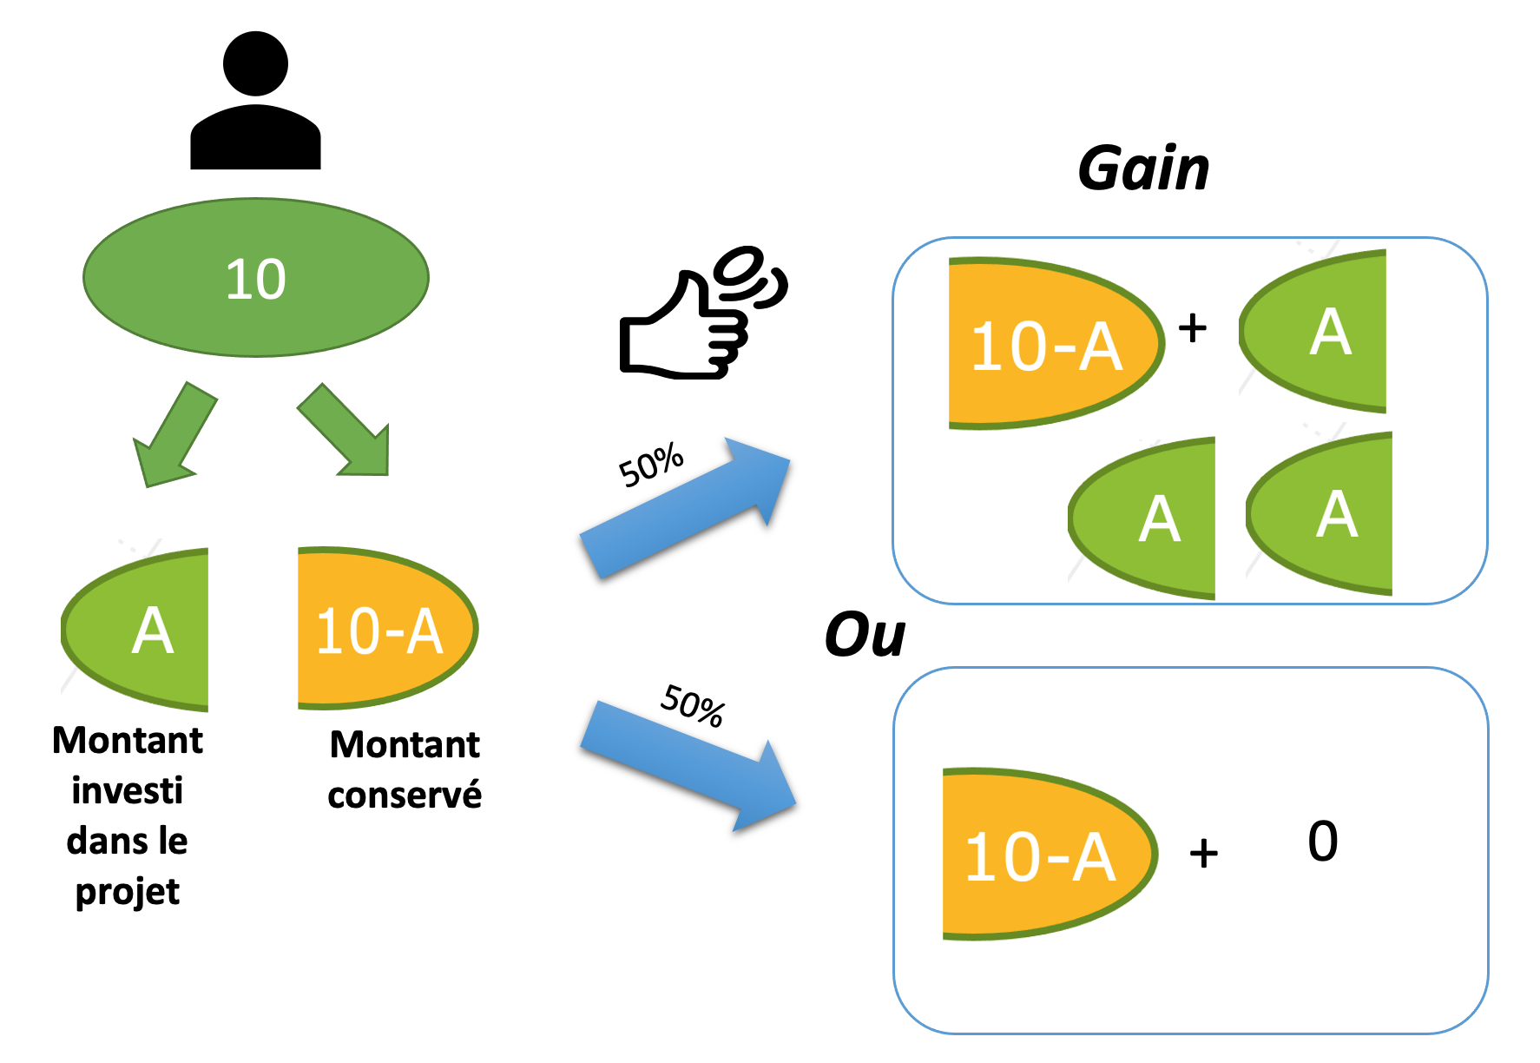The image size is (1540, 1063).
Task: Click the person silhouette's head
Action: click(x=255, y=63)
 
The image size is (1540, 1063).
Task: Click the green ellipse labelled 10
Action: click(x=256, y=278)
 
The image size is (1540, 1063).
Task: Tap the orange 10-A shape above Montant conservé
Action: click(x=382, y=629)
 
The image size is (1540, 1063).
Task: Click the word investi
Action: click(x=128, y=790)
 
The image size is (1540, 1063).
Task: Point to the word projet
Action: click(x=128, y=892)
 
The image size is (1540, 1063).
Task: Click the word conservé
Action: click(x=405, y=795)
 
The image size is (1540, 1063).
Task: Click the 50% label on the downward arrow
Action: click(x=693, y=704)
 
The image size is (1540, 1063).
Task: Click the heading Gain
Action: click(x=1143, y=168)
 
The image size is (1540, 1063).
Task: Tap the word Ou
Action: click(x=865, y=635)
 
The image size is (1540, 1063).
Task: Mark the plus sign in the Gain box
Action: click(x=1193, y=328)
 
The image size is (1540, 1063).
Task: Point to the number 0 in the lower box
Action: click(x=1323, y=841)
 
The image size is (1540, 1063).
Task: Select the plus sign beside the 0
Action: click(x=1203, y=854)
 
